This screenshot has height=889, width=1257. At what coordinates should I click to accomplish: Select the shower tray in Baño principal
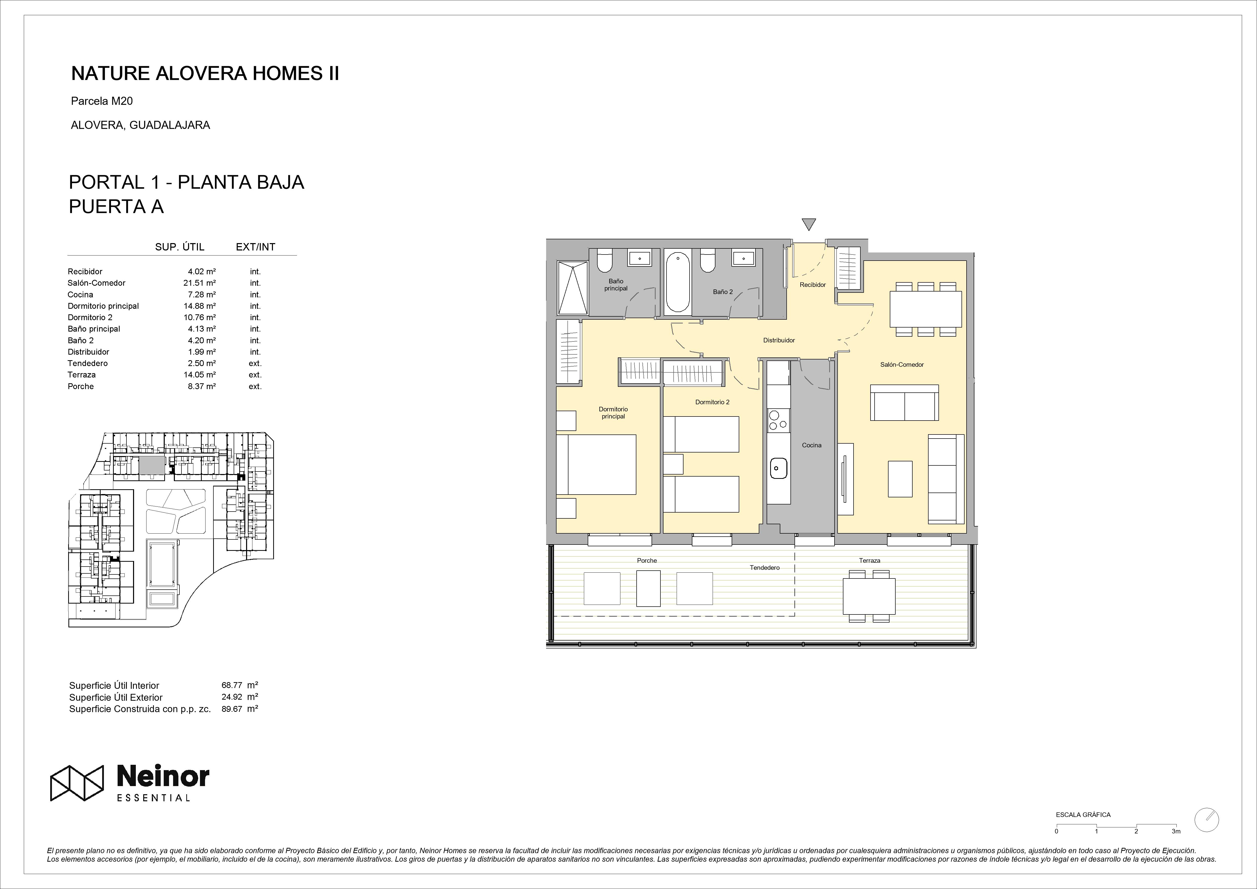pos(572,287)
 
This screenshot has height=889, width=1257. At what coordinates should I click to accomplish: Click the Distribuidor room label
pos(779,340)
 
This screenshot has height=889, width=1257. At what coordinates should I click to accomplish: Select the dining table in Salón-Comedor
pos(926,309)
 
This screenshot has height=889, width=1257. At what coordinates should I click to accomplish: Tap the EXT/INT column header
pos(256,247)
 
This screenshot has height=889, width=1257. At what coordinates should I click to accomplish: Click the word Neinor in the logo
pos(163,776)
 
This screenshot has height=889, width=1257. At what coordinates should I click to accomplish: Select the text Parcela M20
pos(102,101)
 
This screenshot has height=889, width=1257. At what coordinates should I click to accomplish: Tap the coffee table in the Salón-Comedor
pos(900,479)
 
